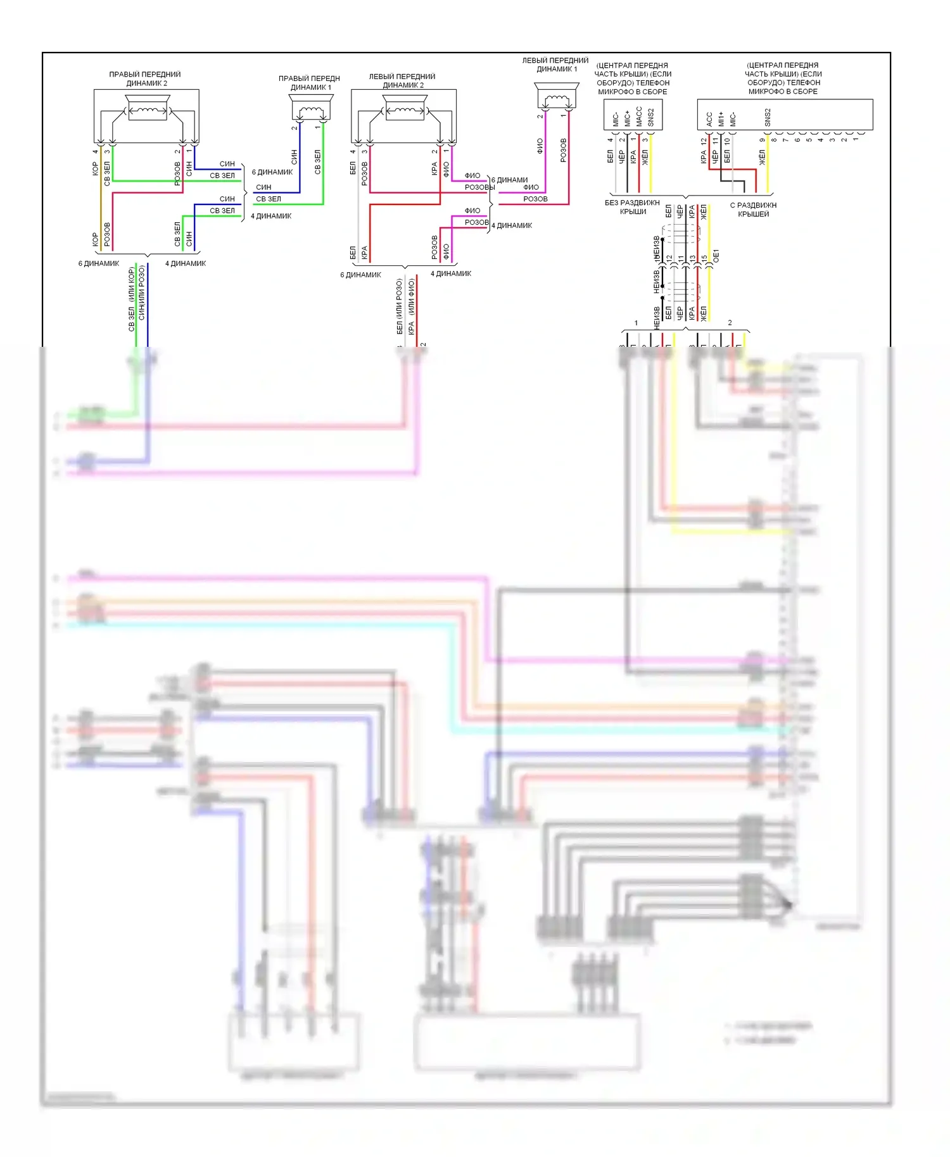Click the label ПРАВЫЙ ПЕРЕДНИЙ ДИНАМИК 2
click(145, 78)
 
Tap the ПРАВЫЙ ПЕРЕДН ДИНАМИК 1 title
click(310, 83)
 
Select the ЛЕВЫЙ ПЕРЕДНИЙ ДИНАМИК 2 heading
click(402, 80)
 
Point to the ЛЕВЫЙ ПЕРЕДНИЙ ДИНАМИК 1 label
click(555, 65)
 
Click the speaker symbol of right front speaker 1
click(311, 107)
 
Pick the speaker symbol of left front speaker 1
click(557, 97)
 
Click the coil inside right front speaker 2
click(147, 110)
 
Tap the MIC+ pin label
click(627, 118)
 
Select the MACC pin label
click(639, 116)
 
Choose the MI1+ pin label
click(721, 119)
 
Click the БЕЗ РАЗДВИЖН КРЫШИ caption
click(633, 207)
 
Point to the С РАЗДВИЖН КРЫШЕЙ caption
click(753, 210)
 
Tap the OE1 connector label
click(716, 256)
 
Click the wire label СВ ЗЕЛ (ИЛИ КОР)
click(132, 299)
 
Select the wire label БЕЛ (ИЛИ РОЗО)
click(400, 307)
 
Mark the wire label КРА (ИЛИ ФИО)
click(412, 307)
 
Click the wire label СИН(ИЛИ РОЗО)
click(142, 292)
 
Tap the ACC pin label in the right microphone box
click(709, 118)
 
